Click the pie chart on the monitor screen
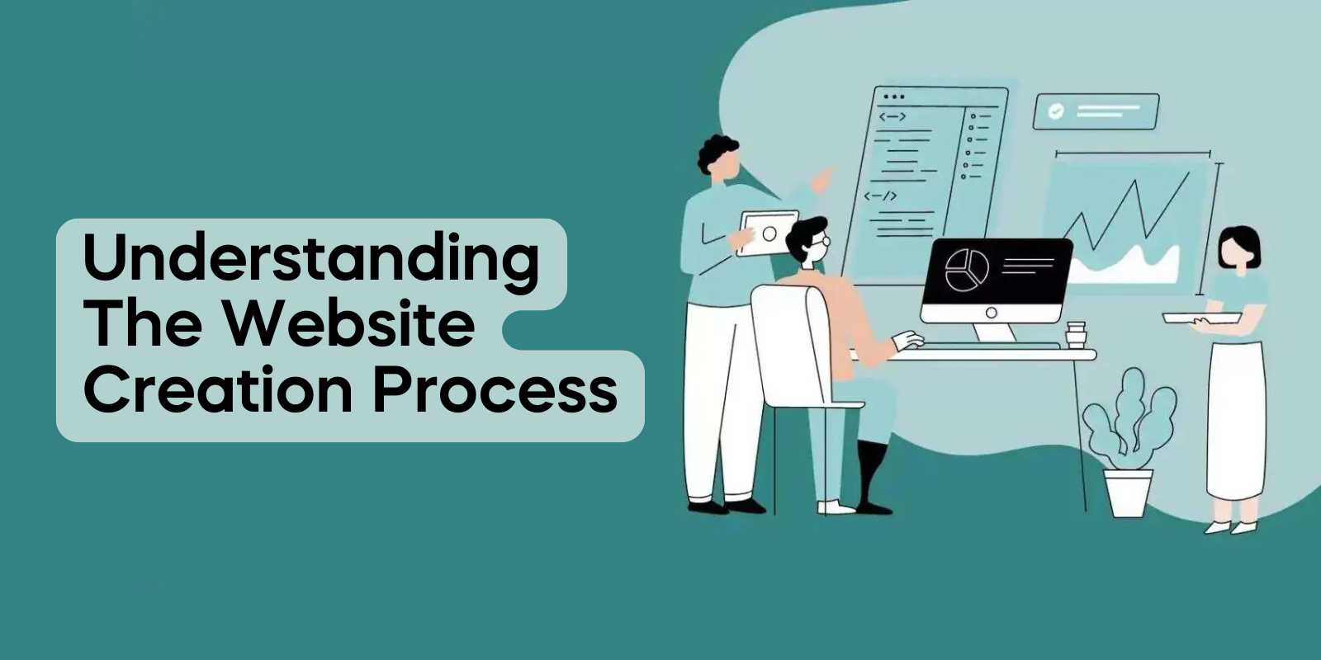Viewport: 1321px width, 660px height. coord(966,269)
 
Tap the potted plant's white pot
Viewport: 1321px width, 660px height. coord(1128,493)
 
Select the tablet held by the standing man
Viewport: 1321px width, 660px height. coord(768,233)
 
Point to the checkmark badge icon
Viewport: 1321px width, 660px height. coord(1055,111)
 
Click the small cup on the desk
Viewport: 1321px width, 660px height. coord(1076,335)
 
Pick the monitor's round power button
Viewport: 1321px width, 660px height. coord(992,313)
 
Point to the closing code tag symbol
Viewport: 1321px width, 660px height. coord(880,196)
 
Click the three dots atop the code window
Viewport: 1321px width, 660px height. coord(893,97)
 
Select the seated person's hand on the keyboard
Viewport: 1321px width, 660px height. coord(907,340)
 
